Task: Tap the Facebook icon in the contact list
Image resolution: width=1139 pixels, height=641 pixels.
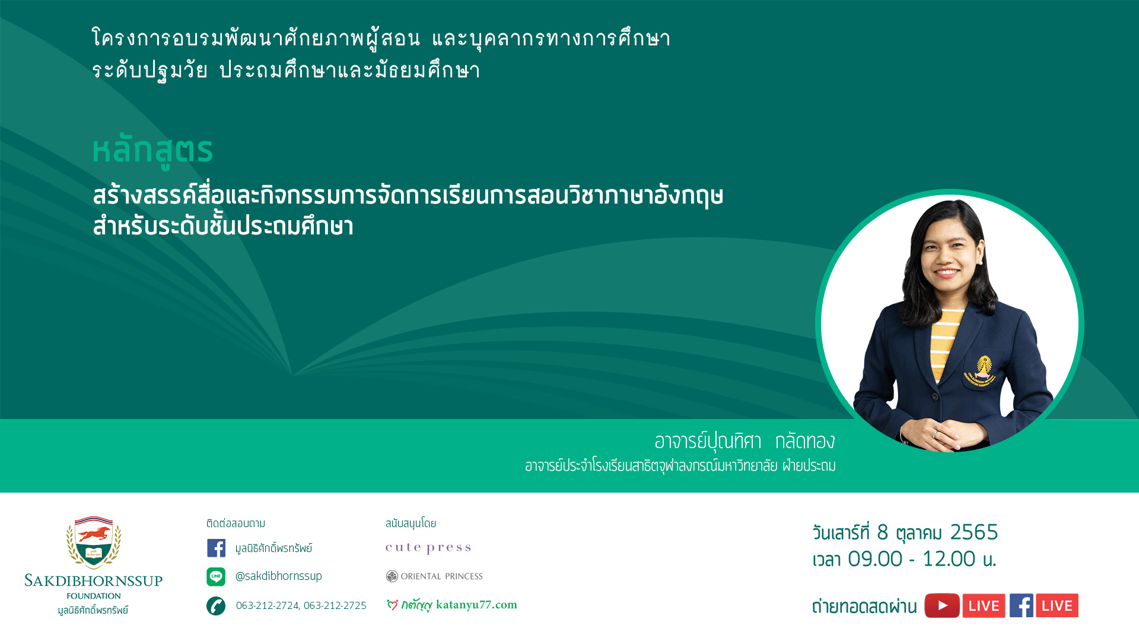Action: pyautogui.click(x=216, y=548)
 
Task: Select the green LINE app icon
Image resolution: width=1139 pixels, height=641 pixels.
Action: pyautogui.click(x=216, y=576)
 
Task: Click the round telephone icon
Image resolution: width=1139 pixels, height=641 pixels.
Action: pyautogui.click(x=216, y=605)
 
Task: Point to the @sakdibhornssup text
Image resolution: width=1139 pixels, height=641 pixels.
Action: pyautogui.click(x=278, y=576)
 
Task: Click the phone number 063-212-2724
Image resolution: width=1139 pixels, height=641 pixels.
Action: pyautogui.click(x=267, y=605)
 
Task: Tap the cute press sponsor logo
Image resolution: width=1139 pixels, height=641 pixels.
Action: pyautogui.click(x=428, y=548)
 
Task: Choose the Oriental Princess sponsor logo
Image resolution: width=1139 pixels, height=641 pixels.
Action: pyautogui.click(x=434, y=576)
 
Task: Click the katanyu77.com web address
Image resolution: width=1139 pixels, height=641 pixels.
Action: pyautogui.click(x=476, y=605)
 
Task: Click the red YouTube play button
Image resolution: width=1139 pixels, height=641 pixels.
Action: pyautogui.click(x=942, y=605)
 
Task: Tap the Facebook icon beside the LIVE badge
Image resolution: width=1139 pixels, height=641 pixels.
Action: pyautogui.click(x=1022, y=605)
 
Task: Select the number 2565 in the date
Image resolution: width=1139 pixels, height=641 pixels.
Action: pyautogui.click(x=974, y=532)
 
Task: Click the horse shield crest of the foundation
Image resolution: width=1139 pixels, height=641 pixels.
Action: pyautogui.click(x=94, y=542)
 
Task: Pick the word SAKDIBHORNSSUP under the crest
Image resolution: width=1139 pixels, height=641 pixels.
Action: pyautogui.click(x=94, y=581)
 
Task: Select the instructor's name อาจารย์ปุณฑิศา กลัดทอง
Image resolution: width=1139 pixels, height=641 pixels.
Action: pyautogui.click(x=745, y=441)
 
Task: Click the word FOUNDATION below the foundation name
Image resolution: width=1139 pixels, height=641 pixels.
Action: pyautogui.click(x=94, y=596)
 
